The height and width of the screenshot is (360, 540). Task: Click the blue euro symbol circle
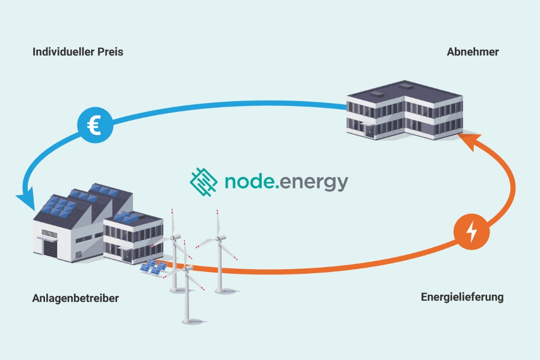(x=95, y=125)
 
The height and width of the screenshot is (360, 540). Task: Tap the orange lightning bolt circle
(x=471, y=231)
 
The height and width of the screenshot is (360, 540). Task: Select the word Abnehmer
(x=472, y=52)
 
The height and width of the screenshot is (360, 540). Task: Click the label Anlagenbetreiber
(x=75, y=298)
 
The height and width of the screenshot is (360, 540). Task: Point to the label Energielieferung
(x=462, y=297)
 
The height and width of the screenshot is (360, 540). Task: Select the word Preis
(x=110, y=52)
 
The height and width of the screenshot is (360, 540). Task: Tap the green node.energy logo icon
(x=203, y=181)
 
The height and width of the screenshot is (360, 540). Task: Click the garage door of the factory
(x=50, y=247)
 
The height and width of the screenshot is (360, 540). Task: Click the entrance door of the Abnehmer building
(x=369, y=131)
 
